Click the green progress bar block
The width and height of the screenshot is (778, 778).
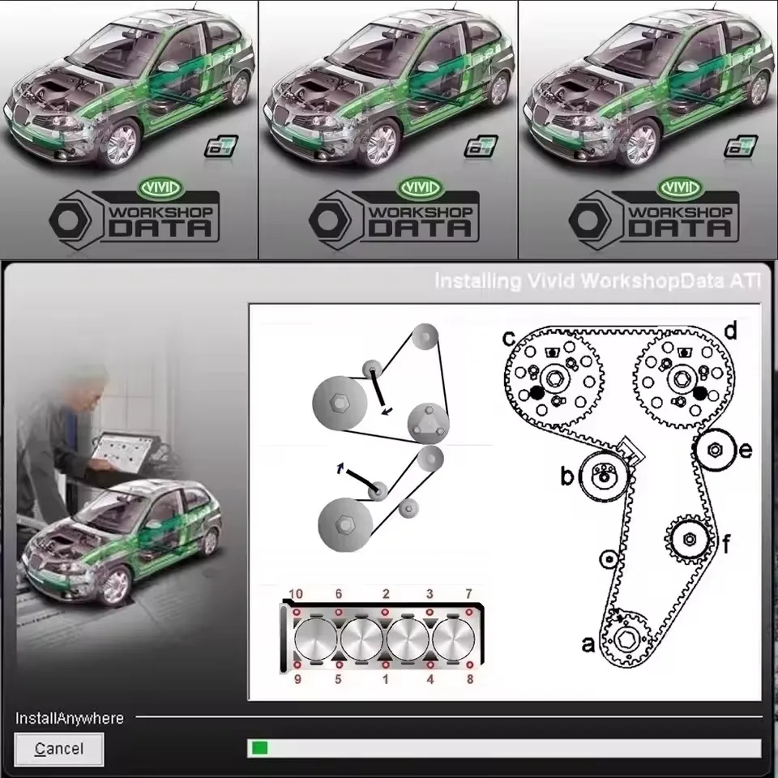(259, 748)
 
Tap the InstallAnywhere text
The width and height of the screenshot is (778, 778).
(70, 718)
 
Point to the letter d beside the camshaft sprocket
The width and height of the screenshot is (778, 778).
(729, 331)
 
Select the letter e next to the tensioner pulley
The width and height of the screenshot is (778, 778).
(746, 450)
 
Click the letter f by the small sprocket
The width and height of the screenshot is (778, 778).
(726, 544)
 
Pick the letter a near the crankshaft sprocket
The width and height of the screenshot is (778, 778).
(589, 644)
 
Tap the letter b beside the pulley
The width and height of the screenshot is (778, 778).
(567, 477)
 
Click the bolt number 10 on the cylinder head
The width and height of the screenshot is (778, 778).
(297, 595)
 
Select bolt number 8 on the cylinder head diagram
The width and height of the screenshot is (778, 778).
(469, 679)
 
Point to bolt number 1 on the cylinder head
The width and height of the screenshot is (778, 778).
(385, 679)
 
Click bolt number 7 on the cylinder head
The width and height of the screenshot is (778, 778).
(468, 595)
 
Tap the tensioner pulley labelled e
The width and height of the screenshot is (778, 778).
(715, 451)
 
